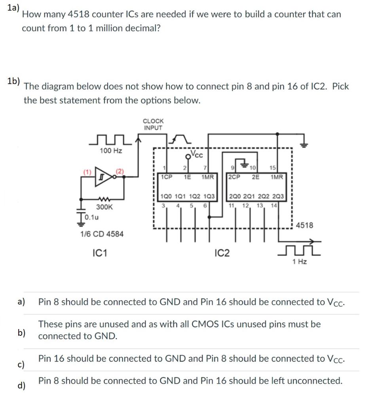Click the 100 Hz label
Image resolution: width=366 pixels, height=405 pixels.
click(110, 151)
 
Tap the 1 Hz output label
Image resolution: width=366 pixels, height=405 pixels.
click(299, 262)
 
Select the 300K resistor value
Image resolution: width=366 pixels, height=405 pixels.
click(104, 207)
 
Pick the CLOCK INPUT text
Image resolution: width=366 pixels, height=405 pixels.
click(153, 124)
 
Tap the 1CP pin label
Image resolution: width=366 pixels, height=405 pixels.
click(167, 177)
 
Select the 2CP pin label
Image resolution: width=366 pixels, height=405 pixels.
click(235, 177)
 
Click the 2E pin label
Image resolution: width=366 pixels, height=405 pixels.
click(256, 177)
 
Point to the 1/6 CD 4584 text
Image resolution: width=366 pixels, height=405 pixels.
click(102, 234)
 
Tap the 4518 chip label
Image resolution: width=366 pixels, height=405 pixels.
click(304, 225)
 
